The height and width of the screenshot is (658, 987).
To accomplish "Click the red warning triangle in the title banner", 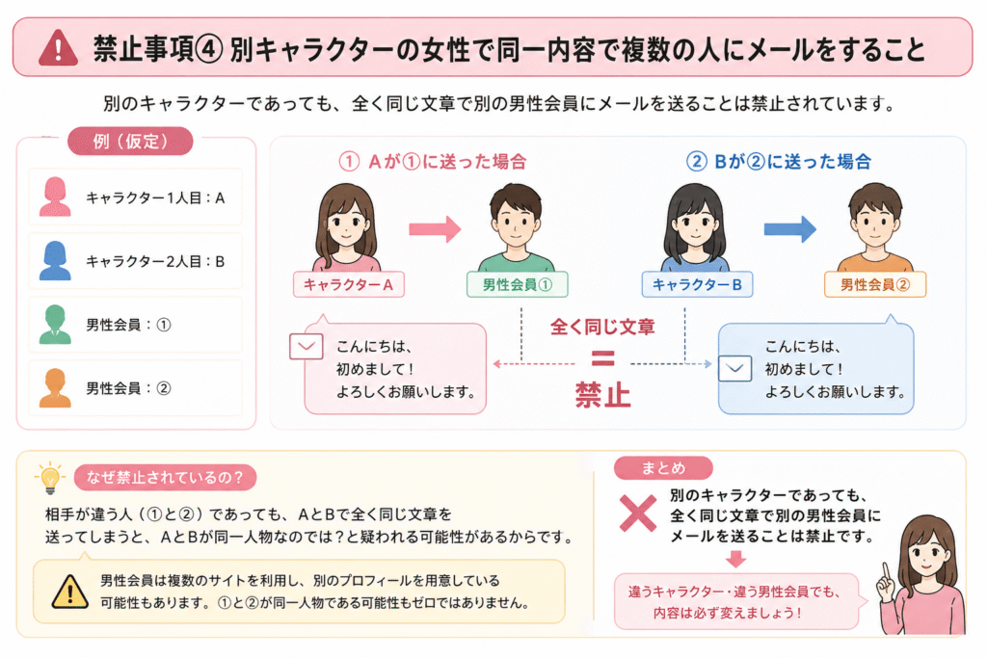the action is click(58, 48).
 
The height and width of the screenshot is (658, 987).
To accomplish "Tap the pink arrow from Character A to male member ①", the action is click(435, 229).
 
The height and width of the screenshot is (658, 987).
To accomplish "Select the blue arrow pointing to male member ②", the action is click(790, 229).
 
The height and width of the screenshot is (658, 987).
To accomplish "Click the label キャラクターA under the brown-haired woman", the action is click(348, 284).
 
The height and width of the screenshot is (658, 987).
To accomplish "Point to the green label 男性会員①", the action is click(517, 284).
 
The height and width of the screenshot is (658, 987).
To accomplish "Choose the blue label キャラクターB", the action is click(697, 284).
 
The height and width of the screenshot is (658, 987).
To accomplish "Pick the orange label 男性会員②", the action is click(875, 284).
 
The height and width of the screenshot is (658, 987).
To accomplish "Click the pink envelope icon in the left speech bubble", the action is click(307, 347).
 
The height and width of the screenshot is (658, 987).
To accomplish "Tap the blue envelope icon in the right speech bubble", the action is click(735, 369).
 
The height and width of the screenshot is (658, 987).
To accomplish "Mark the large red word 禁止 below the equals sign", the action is click(602, 395).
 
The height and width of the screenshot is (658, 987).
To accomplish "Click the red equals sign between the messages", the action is click(602, 358).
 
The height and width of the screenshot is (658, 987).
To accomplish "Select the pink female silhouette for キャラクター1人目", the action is click(55, 197).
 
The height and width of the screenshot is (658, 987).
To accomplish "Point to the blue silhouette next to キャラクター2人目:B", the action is click(55, 260).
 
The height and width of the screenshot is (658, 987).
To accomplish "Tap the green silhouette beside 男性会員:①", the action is click(55, 325).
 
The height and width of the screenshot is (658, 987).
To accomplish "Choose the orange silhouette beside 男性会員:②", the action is click(55, 388).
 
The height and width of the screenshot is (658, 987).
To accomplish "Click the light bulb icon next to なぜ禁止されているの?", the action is click(50, 478).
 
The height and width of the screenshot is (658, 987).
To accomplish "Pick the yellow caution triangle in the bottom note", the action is click(69, 592).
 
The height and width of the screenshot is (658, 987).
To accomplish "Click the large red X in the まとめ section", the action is click(638, 513).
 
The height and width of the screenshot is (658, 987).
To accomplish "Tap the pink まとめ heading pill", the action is click(663, 468).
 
